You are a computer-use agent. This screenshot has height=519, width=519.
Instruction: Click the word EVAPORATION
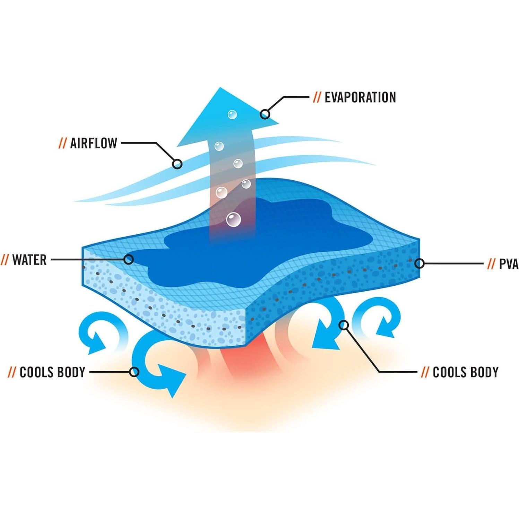tap(360, 97)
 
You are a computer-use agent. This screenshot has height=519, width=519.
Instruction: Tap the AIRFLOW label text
tap(94, 143)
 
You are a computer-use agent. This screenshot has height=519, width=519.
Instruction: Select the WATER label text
tap(29, 260)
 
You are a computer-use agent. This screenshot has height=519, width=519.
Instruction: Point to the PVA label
tap(508, 264)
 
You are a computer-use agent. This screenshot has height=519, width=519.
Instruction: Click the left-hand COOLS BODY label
tap(52, 372)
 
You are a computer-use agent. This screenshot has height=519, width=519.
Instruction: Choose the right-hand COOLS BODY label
tap(465, 372)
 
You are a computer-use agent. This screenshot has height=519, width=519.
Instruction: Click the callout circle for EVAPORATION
tap(265, 114)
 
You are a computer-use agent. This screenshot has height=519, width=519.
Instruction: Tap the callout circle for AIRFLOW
tap(177, 164)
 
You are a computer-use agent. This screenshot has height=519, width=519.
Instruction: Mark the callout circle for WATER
tap(129, 259)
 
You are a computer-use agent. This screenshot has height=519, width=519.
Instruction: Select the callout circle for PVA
tap(419, 263)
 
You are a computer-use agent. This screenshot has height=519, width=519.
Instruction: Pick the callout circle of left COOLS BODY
tap(134, 372)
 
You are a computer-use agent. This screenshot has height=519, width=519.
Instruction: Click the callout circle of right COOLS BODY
tap(344, 325)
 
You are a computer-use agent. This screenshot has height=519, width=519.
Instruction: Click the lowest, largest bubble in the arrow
tap(233, 219)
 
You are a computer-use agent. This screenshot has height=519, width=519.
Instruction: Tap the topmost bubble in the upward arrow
tap(232, 114)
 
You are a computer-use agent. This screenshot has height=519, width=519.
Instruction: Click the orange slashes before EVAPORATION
tap(317, 97)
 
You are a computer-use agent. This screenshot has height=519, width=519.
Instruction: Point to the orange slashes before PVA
tap(491, 264)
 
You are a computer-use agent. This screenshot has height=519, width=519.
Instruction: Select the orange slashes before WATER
tap(5, 260)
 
